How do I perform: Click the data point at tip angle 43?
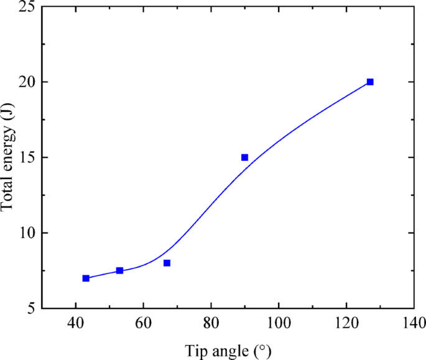(86, 278)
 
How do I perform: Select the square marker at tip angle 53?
(119, 270)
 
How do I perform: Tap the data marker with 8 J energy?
(167, 263)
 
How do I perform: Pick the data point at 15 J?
(244, 157)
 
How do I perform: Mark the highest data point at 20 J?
(370, 82)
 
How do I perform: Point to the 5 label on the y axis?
(31, 308)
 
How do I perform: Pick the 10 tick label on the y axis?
(27, 233)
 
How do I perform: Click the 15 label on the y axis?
(27, 157)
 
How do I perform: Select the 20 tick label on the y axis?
(27, 82)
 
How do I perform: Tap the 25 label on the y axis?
(27, 7)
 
